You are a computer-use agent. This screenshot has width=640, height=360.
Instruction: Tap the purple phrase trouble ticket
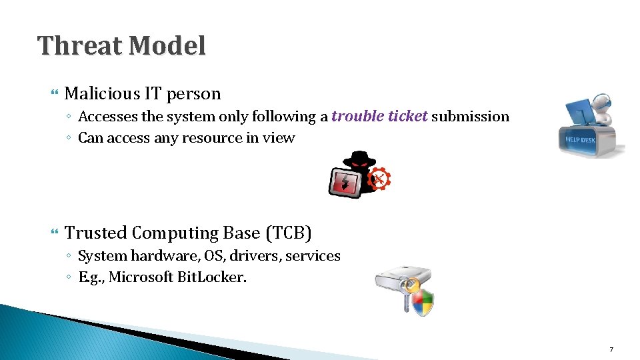click(379, 117)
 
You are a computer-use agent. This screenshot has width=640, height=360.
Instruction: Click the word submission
click(470, 117)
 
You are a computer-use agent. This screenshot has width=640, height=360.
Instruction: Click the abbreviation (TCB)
click(289, 233)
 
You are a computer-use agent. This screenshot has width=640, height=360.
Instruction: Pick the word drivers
click(255, 256)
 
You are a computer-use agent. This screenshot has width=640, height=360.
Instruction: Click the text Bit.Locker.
click(213, 277)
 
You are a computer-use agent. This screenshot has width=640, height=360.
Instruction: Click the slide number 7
click(611, 350)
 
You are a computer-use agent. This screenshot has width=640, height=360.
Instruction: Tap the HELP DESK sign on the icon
click(579, 139)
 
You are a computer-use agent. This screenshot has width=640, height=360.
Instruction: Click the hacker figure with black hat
click(359, 167)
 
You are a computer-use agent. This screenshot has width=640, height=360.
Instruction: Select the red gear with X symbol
click(379, 179)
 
